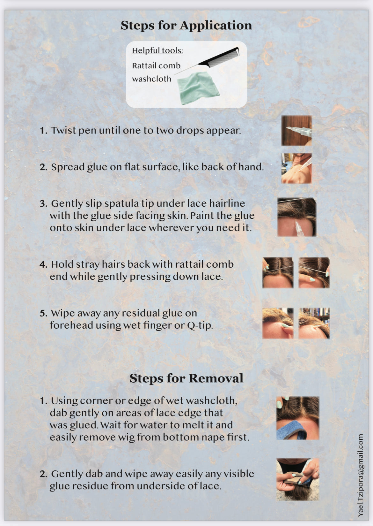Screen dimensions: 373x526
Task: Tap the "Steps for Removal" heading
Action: point(186,378)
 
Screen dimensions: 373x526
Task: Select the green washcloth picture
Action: point(198,88)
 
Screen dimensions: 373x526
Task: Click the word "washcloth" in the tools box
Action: point(151,79)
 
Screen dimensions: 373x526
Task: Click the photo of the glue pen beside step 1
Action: point(296,131)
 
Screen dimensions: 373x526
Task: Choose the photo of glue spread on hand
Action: point(296,168)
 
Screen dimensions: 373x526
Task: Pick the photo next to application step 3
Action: point(297,217)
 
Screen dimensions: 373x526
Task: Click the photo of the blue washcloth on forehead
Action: point(298,418)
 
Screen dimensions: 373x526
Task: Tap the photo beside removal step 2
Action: point(298,479)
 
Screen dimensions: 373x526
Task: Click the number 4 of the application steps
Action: point(43,265)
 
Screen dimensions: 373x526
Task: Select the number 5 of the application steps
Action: point(43,314)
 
